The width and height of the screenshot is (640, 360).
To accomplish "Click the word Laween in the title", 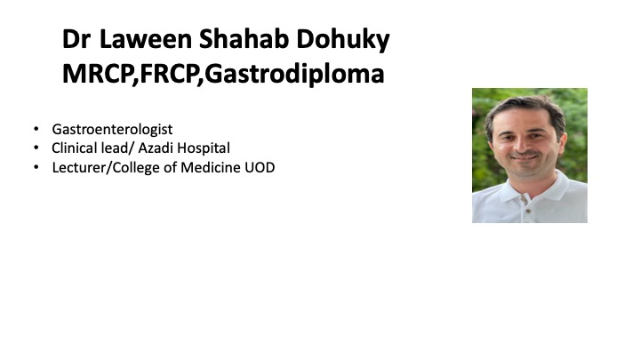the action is coord(146,39).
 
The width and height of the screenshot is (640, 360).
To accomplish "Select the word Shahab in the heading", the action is coord(244,39).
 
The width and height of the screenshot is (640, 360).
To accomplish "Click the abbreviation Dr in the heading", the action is coord(76,39).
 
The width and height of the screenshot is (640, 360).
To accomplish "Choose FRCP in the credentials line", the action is coord(169,74).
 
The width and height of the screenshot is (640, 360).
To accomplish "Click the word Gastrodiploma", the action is coord(294,75).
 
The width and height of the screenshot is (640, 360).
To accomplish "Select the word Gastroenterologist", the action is coord(112,130).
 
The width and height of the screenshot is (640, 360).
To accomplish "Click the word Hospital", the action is coord(204,148).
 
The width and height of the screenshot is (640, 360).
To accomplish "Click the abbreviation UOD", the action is coord(260,167).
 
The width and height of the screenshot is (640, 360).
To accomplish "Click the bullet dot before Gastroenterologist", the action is coord(36,129).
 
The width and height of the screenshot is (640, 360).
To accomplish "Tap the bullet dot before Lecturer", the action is coord(36,167).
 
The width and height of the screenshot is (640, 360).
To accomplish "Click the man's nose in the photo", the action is coord(524,144).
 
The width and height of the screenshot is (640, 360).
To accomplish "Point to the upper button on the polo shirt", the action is coord(524,198).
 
